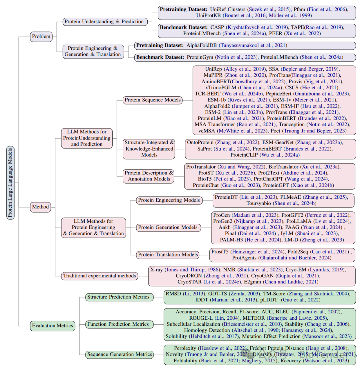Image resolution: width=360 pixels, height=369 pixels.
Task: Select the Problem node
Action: click(x=41, y=36)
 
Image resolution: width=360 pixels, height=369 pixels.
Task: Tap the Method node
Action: click(x=40, y=207)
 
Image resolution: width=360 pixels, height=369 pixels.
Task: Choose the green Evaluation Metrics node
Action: click(x=52, y=325)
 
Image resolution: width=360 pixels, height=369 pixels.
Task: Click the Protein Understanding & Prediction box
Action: click(x=104, y=22)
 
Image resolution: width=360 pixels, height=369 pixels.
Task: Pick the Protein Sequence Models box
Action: click(x=152, y=100)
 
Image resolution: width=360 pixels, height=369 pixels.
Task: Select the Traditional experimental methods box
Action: click(x=100, y=275)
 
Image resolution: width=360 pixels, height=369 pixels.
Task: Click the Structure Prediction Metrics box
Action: click(x=118, y=297)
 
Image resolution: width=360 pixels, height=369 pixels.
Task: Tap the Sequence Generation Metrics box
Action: click(x=120, y=355)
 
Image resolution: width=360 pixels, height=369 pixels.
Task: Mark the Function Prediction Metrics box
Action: click(x=118, y=324)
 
